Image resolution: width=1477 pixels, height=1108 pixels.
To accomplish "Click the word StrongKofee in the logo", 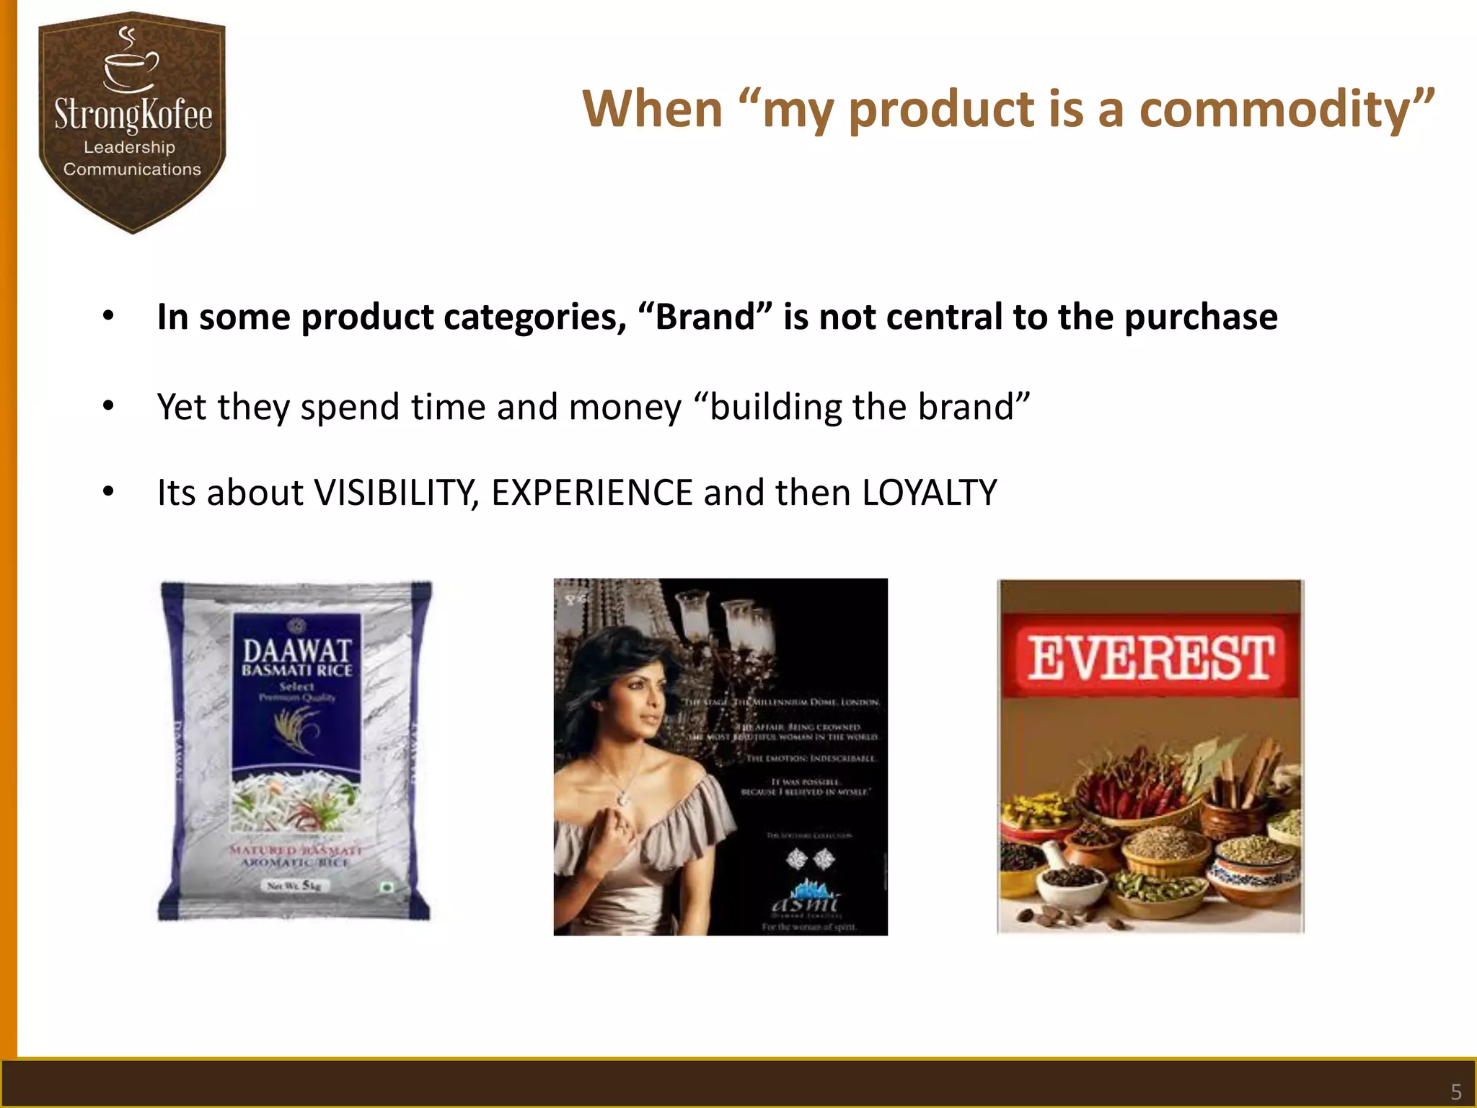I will [133, 115].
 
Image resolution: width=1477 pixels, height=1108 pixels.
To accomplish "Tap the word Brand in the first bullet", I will [705, 317].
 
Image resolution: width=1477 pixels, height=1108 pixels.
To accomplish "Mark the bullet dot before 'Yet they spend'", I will [108, 406].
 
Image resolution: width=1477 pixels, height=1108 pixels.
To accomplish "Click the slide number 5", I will [1455, 1091].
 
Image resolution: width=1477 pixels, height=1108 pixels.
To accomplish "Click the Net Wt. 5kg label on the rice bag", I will [294, 885].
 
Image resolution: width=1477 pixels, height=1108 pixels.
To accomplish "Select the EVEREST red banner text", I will [1150, 658].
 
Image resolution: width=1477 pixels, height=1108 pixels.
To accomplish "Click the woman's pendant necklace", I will [622, 798].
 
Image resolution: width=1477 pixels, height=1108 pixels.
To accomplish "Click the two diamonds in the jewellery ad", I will [809, 858].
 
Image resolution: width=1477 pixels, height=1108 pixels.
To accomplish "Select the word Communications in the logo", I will [132, 170].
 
